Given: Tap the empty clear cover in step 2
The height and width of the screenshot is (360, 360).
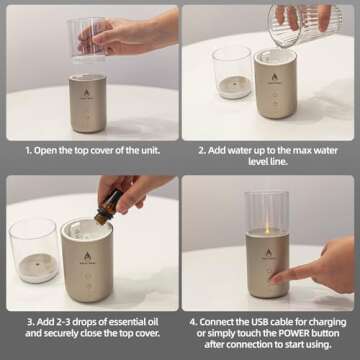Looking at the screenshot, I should coord(231,71).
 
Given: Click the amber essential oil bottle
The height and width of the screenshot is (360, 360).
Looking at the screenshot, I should coord(103,199).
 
